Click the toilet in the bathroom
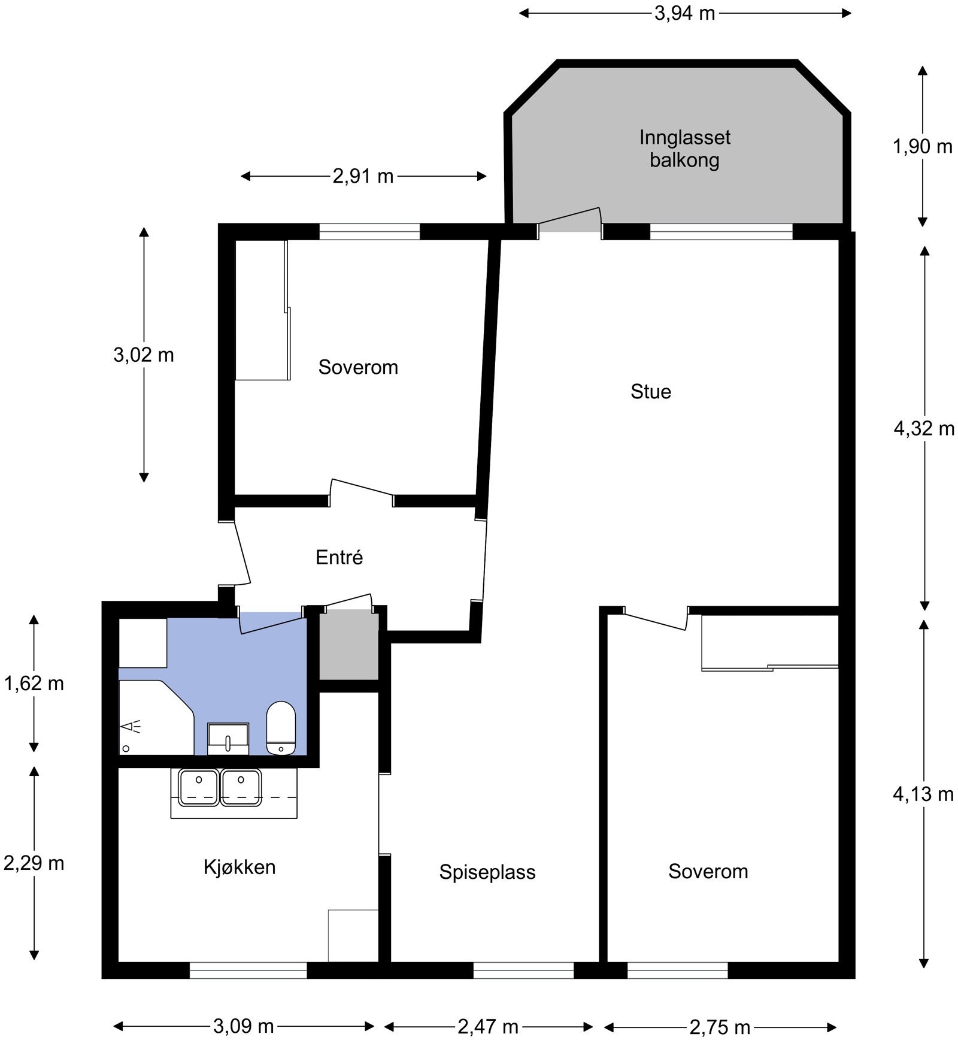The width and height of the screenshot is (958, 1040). (281, 728)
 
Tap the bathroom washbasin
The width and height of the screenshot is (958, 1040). (228, 739)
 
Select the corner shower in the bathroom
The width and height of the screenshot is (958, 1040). (156, 718)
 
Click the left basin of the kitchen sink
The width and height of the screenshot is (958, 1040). (199, 787)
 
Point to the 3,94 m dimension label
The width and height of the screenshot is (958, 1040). (685, 13)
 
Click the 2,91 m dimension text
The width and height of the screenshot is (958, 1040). (363, 176)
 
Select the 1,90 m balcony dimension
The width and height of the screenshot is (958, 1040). (923, 146)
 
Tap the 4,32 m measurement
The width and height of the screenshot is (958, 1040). (924, 428)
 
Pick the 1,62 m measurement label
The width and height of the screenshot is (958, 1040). (34, 683)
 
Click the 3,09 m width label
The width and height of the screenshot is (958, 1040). (244, 1027)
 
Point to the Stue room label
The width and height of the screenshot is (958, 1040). (651, 392)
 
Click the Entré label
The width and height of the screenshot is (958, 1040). (339, 557)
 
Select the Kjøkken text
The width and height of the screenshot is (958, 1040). (239, 867)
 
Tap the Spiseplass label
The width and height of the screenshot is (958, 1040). (487, 872)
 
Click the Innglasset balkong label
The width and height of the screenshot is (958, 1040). (685, 149)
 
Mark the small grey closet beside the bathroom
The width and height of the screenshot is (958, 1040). (348, 645)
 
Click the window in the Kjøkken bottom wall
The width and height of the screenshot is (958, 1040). (248, 970)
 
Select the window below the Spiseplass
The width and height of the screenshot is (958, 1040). (524, 970)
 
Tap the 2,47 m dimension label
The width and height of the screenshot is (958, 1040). (488, 1027)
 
